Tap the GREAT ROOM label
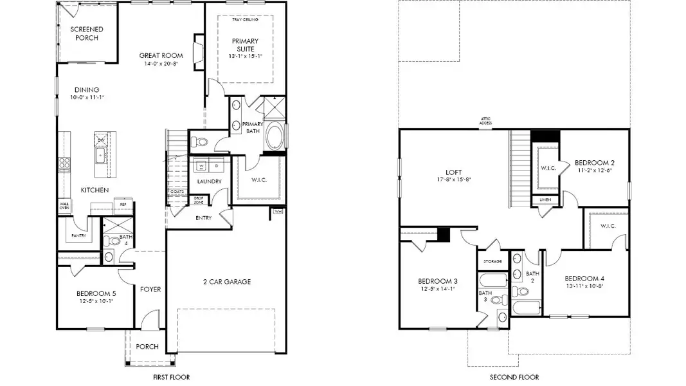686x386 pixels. coord(158,56)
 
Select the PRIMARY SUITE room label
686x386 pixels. coord(245,44)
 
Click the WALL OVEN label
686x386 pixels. coord(64,207)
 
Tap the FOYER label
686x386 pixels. coord(150,289)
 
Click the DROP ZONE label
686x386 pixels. coord(199,200)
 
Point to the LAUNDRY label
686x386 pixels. coord(209,181)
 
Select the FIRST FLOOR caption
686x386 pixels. coord(170,377)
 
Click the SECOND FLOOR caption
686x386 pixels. coord(514,377)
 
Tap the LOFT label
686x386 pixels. coord(454,172)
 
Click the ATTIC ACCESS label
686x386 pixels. coord(485,121)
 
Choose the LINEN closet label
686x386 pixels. coord(545,200)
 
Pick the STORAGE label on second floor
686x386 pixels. coord(492,261)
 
